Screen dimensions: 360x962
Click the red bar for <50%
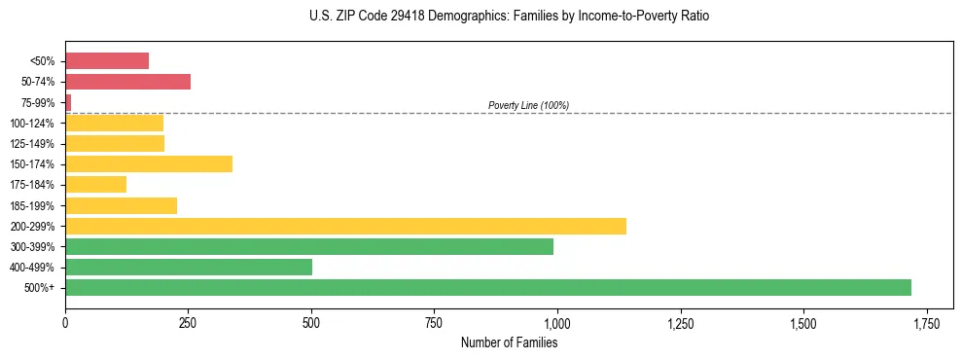(x=107, y=61)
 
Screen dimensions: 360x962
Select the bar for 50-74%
(x=127, y=82)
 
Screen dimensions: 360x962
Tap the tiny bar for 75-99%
(x=68, y=102)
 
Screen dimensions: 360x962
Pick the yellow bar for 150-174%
(x=149, y=163)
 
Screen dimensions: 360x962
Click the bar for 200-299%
(x=345, y=226)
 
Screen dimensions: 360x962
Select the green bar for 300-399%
(x=309, y=246)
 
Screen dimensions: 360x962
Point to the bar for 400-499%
(x=189, y=267)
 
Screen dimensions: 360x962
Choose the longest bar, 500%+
(x=488, y=287)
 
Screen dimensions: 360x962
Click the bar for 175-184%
(x=95, y=184)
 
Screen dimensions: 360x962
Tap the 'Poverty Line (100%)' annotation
(x=528, y=105)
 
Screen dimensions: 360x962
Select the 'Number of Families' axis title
(x=509, y=342)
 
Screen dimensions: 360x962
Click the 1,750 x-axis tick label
(x=927, y=322)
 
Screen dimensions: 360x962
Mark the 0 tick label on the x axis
(x=65, y=322)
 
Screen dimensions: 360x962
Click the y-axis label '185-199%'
(x=32, y=205)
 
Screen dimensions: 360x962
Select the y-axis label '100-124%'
(x=32, y=124)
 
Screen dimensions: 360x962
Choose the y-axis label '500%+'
(x=38, y=288)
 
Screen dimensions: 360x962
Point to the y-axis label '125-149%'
(x=32, y=144)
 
